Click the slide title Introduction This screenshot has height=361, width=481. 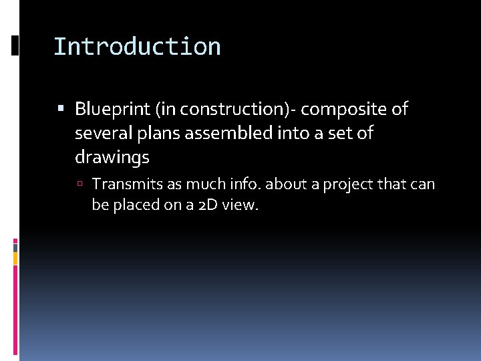pyautogui.click(x=137, y=47)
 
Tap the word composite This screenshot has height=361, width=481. pyautogui.click(x=345, y=109)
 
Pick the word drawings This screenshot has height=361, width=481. pyautogui.click(x=112, y=158)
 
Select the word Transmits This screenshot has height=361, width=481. pyautogui.click(x=124, y=184)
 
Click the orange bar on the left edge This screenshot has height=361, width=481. pyautogui.click(x=15, y=258)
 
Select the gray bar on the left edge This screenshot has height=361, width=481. pyautogui.click(x=15, y=247)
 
